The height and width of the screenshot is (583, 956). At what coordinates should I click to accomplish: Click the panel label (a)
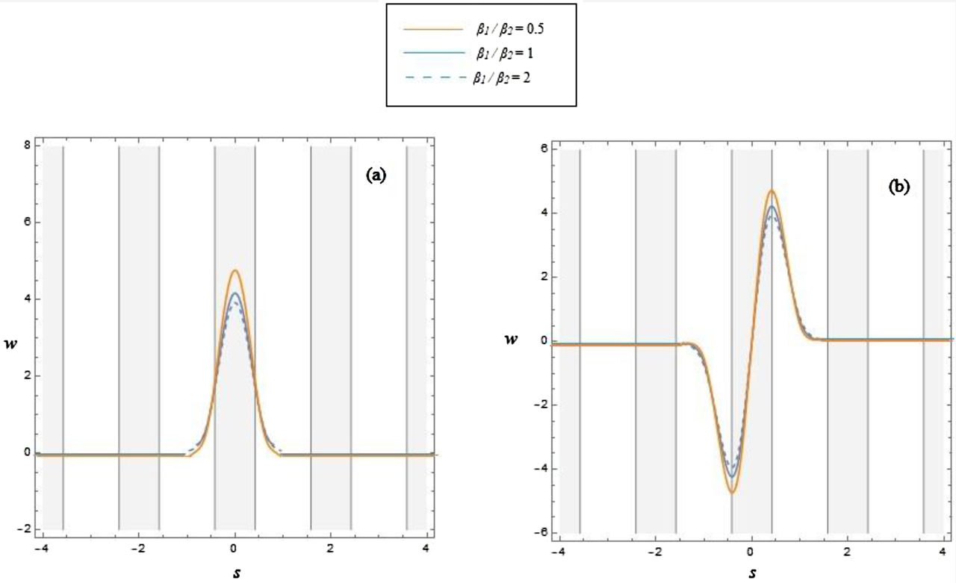coord(376,175)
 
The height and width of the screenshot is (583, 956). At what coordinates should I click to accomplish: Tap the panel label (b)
coord(898,187)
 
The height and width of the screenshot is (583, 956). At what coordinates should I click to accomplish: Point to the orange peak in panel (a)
coord(235,270)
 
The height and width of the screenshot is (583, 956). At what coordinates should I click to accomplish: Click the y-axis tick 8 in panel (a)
coord(27,146)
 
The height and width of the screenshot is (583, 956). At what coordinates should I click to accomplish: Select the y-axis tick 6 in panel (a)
coord(27,222)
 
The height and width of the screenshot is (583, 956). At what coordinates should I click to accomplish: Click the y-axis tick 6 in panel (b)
coord(544,149)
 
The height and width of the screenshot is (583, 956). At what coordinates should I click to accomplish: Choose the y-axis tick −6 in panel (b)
coord(542,533)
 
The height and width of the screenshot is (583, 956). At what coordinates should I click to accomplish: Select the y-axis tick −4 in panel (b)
coord(542,469)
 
